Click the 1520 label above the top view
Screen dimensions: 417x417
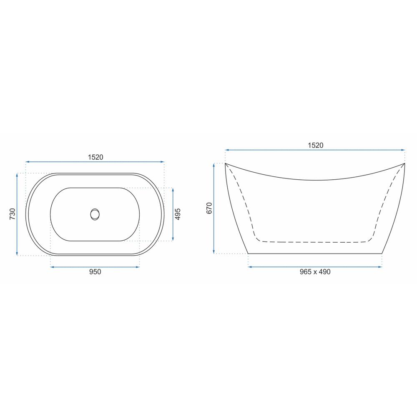point(95,157)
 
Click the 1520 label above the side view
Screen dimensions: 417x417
point(315,145)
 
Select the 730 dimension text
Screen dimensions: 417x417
point(13,214)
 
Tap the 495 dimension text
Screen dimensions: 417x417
point(178,214)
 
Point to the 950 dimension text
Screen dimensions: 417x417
point(95,271)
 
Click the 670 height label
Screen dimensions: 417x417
point(209,208)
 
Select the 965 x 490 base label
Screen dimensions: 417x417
point(315,271)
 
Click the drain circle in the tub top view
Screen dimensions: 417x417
point(95,214)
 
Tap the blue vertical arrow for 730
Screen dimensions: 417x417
point(17,214)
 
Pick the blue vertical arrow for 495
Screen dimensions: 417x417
point(173,214)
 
